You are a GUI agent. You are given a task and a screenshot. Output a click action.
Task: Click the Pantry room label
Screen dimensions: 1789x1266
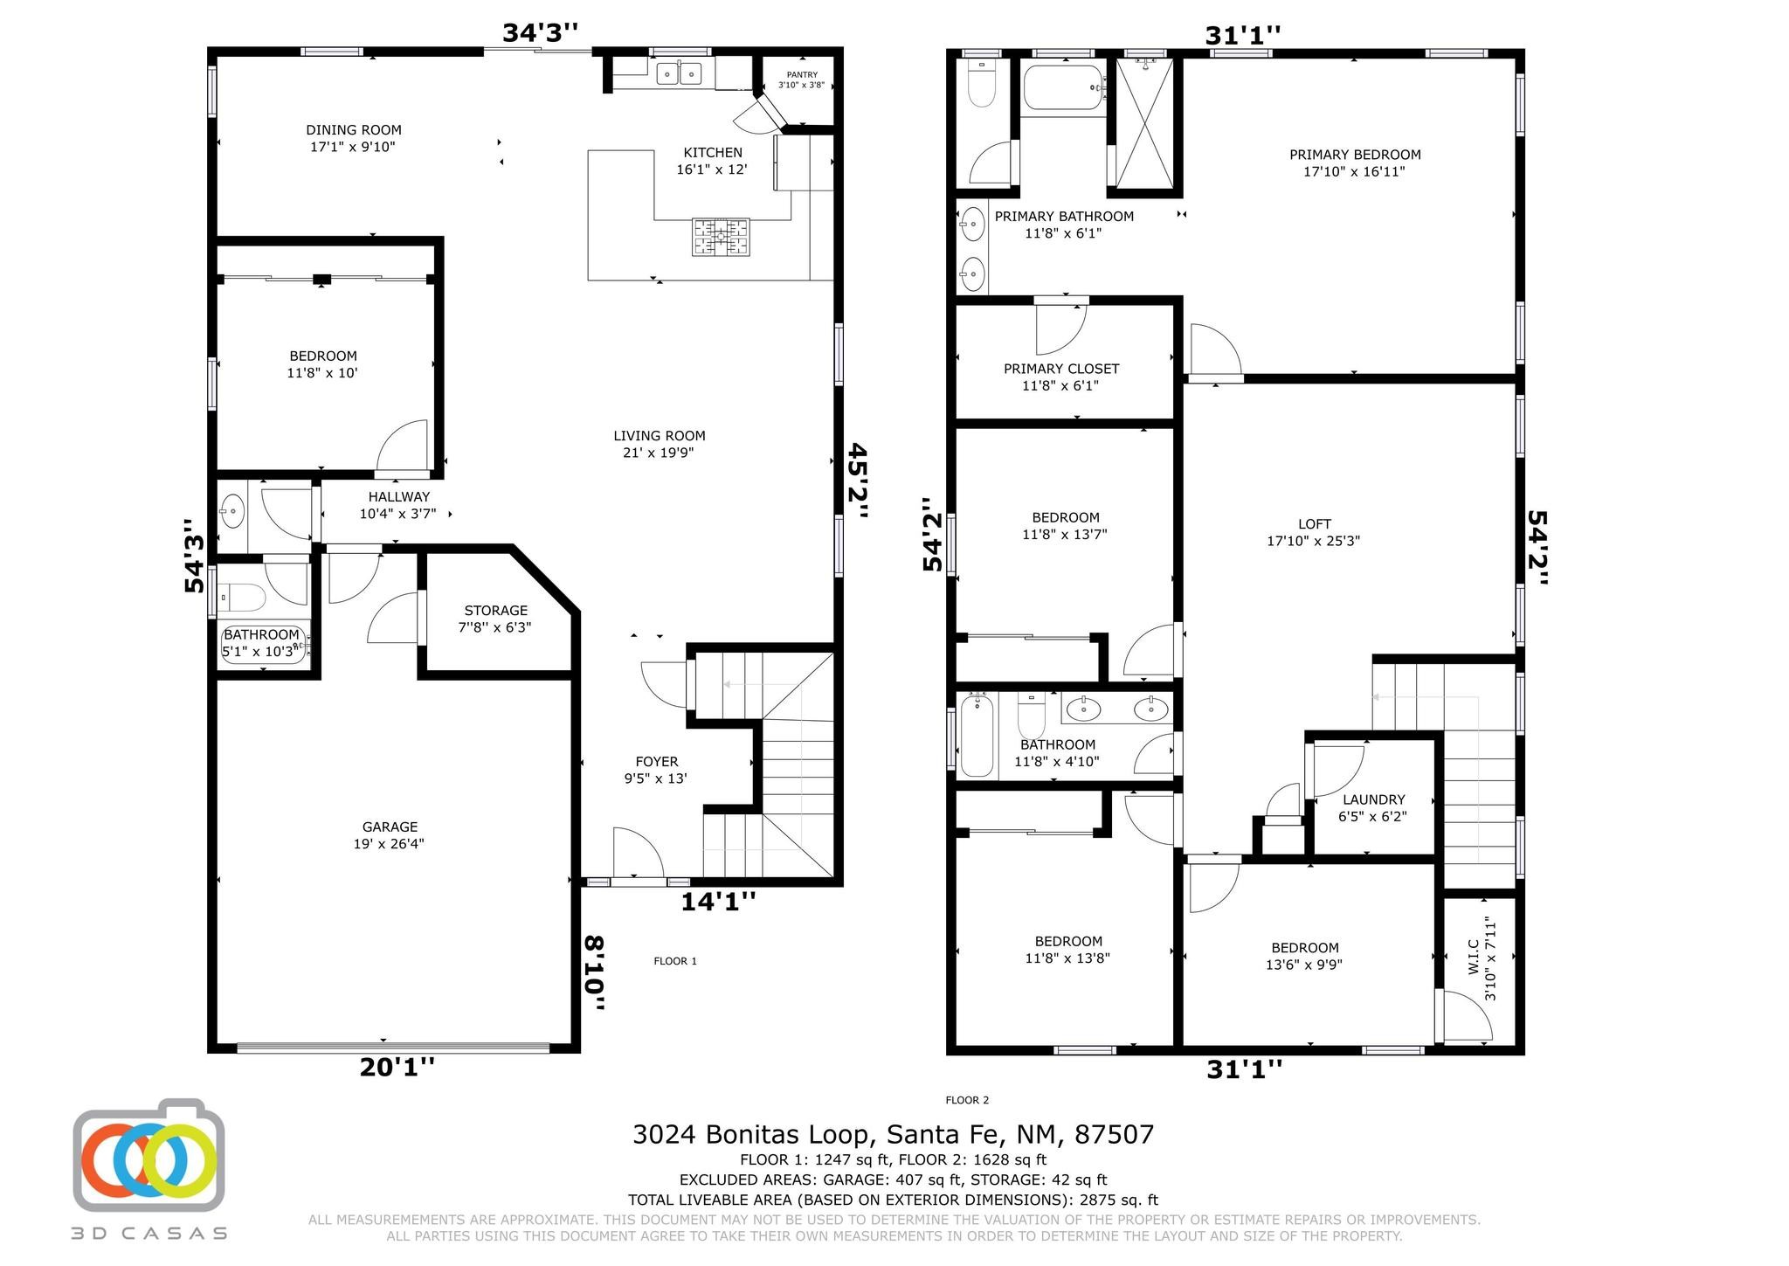point(801,80)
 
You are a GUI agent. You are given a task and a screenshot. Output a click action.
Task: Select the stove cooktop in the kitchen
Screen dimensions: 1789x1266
point(722,237)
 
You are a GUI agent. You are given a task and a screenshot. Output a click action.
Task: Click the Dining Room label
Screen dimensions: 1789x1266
point(353,138)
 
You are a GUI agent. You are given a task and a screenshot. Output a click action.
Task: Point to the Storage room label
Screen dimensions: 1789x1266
point(495,619)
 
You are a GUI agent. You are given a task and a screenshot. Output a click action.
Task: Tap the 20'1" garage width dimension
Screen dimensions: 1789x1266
point(397,1067)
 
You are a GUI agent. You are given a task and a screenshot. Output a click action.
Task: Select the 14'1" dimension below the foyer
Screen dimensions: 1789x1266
point(718,901)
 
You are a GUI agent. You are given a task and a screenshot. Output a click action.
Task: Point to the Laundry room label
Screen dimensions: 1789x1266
point(1373,808)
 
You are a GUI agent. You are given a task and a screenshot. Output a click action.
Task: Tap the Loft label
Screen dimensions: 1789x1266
point(1314,532)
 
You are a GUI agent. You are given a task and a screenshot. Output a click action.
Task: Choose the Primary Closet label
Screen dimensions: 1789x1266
point(1061,377)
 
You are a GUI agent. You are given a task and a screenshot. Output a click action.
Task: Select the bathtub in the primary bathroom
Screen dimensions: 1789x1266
point(1064,87)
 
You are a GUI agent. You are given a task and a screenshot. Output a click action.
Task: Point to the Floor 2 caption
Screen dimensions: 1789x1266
point(967,1100)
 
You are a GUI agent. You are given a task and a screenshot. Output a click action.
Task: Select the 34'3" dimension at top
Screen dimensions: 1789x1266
point(540,32)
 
